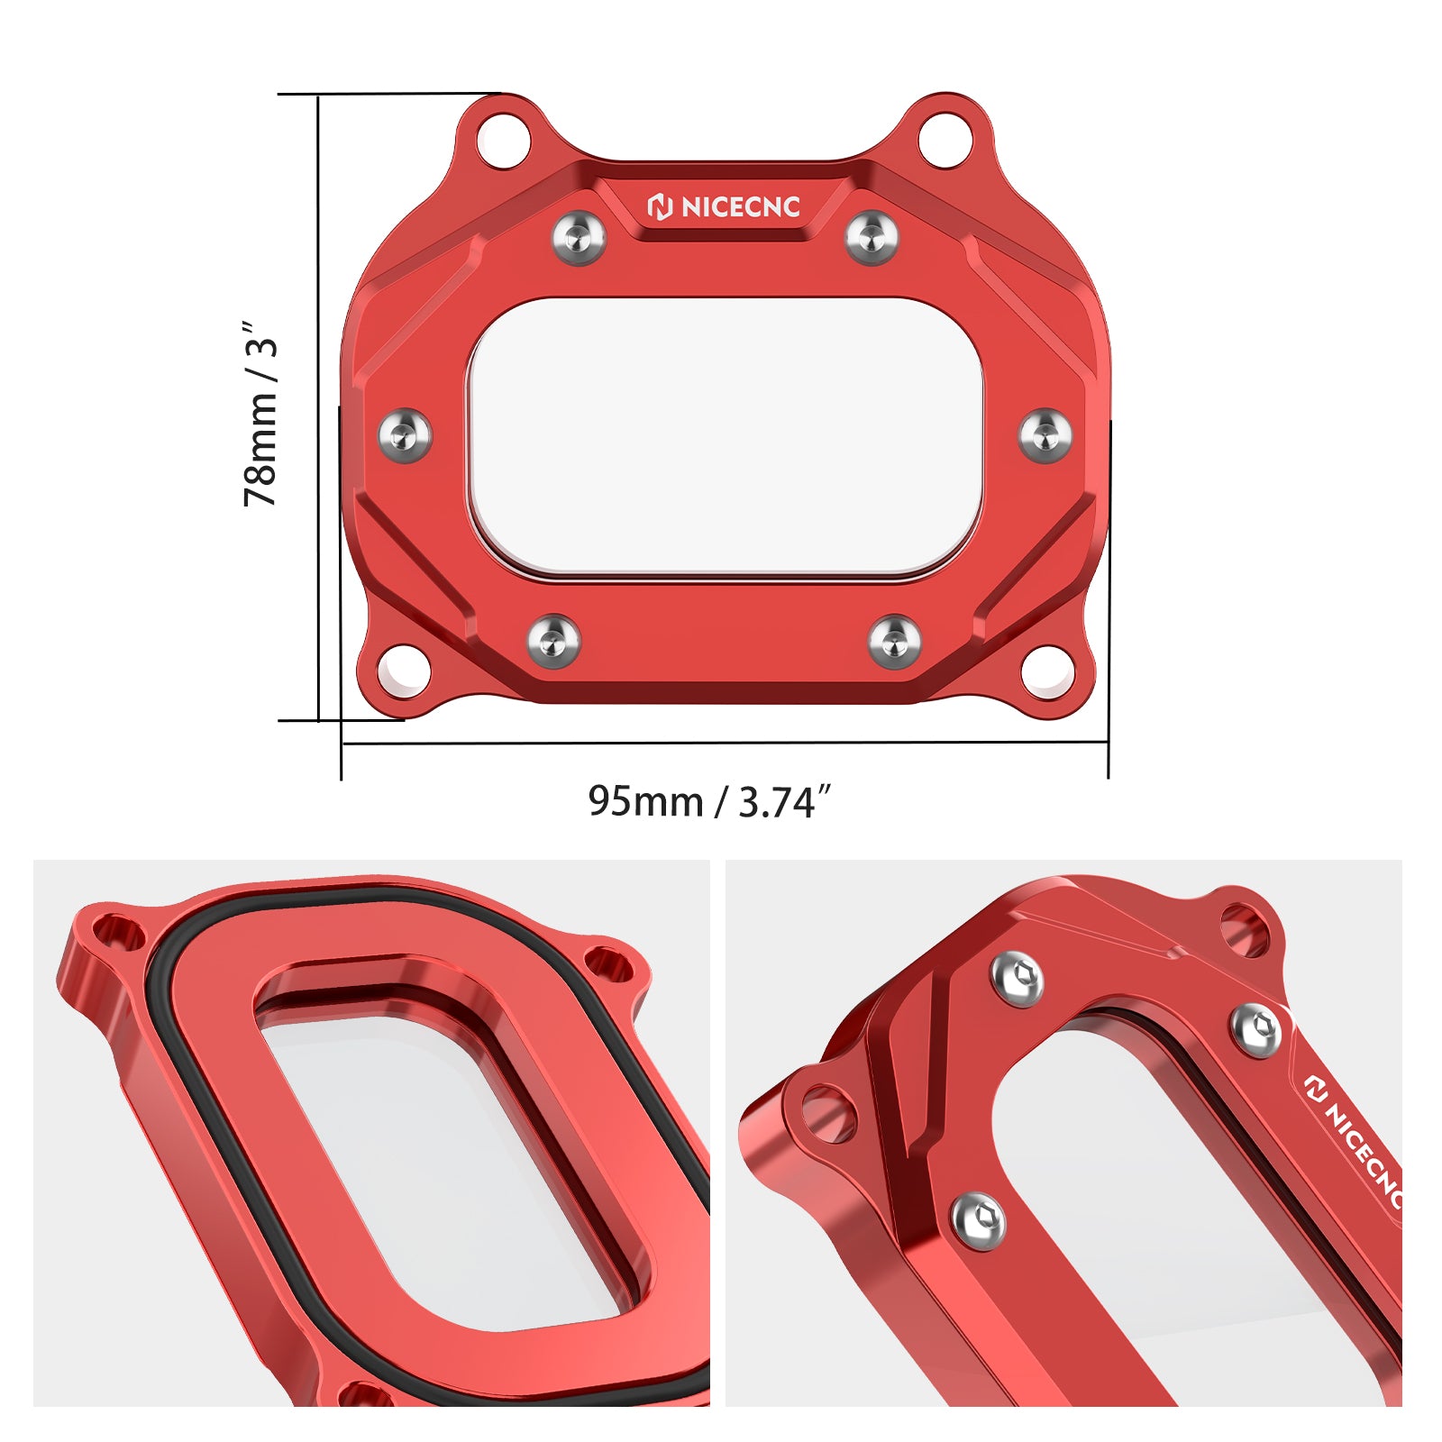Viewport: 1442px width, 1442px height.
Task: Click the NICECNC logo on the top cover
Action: coord(724,207)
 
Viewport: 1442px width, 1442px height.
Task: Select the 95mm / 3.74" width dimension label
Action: coord(708,801)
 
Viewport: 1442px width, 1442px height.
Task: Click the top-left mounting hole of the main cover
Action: coord(504,140)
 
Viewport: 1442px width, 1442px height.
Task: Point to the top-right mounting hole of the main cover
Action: coord(945,140)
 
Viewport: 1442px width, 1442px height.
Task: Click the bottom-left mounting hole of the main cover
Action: coord(404,671)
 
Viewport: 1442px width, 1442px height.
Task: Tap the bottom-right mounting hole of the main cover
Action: coord(1047,671)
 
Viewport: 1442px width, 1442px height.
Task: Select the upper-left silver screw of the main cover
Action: coord(579,237)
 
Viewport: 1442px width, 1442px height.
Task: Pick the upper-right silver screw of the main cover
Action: coord(872,237)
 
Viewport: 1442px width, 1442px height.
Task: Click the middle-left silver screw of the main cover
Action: coord(405,435)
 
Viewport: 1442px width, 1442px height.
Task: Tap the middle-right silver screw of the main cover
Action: coord(1045,435)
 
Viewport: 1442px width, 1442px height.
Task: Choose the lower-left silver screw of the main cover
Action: coord(553,641)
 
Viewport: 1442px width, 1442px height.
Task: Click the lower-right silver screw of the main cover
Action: coord(894,641)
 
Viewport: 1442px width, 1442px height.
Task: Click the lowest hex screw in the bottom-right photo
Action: coord(979,1221)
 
